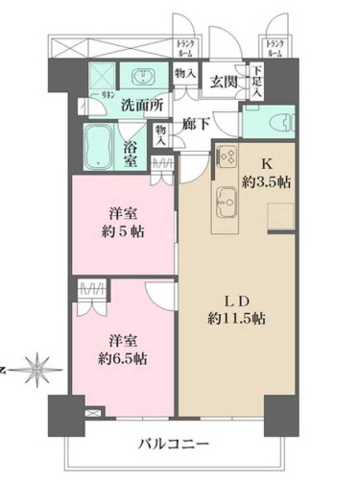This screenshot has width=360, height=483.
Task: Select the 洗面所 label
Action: coord(140,105)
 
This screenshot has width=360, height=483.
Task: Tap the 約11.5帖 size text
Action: coord(234,319)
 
